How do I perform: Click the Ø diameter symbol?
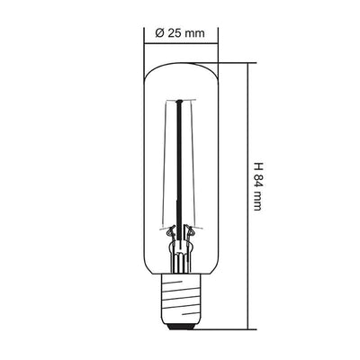(x=158, y=32)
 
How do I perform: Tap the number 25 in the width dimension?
(x=173, y=32)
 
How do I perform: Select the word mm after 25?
(x=194, y=32)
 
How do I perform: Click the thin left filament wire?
(x=167, y=171)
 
